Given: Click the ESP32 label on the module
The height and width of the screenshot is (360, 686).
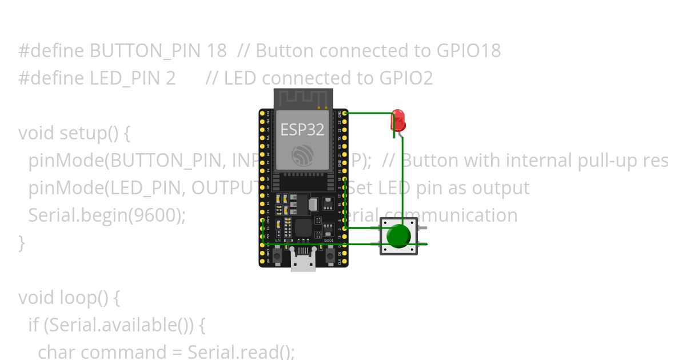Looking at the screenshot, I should point(302,130).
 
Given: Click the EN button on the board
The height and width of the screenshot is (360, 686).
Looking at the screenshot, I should point(277,257).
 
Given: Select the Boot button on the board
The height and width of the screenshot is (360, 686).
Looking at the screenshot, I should point(330,257).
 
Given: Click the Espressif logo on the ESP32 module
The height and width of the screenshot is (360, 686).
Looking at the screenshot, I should point(302,155).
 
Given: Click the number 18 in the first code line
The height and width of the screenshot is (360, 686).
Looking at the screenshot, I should point(217,51).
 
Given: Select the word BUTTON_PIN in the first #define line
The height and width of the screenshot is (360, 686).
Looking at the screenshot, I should point(145,51).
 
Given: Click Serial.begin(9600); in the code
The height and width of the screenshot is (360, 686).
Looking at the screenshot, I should point(107,215).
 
